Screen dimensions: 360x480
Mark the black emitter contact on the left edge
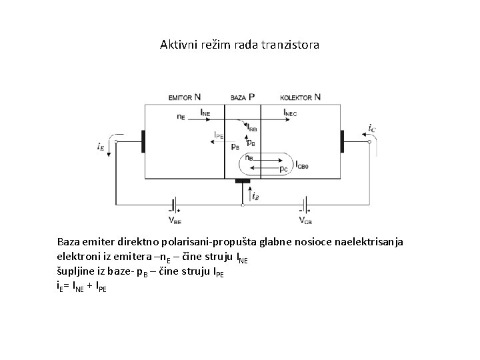[143, 141]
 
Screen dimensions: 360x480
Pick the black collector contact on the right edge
[342, 141]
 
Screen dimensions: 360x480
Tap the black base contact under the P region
[243, 181]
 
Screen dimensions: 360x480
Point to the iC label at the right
[371, 127]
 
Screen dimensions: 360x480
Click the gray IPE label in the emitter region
[219, 135]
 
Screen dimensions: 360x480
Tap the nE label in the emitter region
[181, 117]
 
